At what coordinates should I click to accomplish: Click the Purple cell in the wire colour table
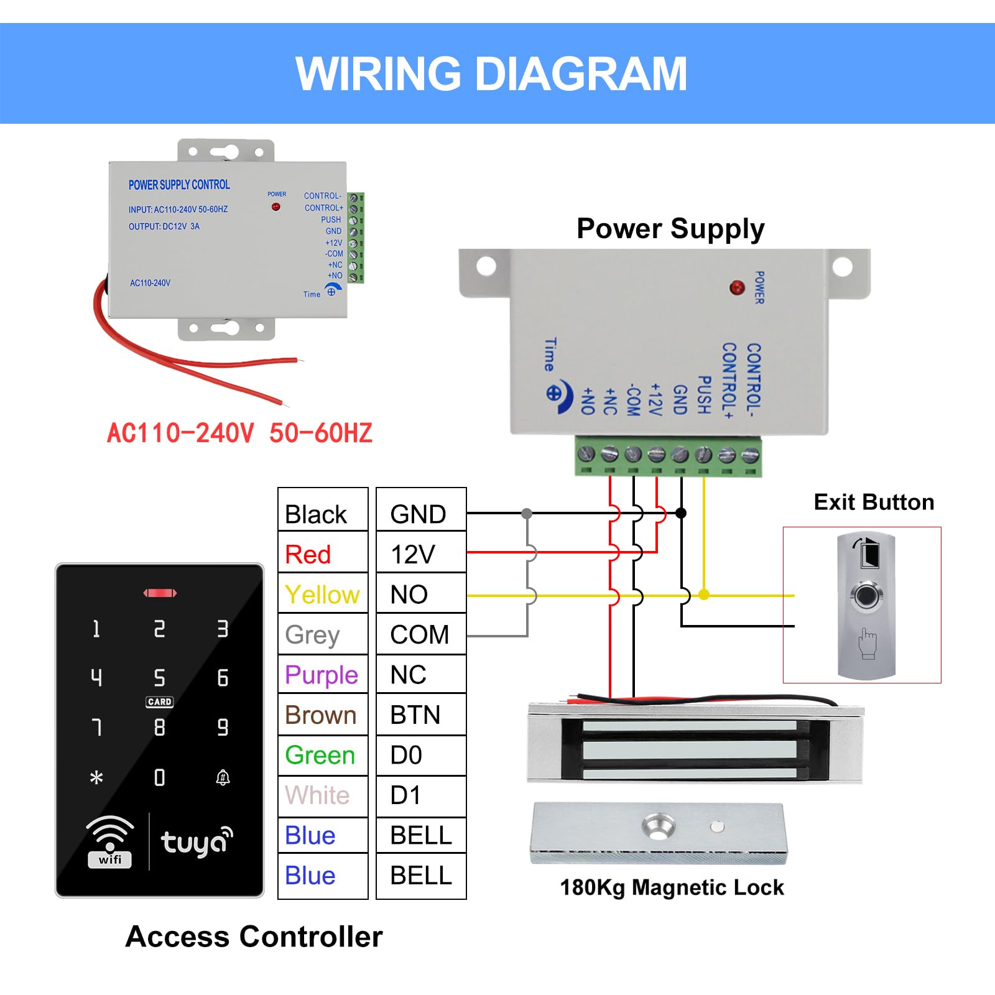point(323,675)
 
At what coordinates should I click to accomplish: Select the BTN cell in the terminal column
point(421,715)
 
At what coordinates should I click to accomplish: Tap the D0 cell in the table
point(421,755)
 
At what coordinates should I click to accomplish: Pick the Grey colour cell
point(323,634)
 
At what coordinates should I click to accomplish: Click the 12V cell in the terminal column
point(421,553)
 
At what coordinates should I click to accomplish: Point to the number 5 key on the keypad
point(160,677)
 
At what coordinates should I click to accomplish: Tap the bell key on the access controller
point(223,777)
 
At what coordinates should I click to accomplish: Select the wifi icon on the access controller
point(110,841)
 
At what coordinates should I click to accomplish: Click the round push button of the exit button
point(867,596)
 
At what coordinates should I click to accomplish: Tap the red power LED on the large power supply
point(737,287)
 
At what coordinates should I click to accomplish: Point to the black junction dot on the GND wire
point(681,513)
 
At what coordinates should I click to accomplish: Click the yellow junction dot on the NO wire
point(704,595)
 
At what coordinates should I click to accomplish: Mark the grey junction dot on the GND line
point(527,513)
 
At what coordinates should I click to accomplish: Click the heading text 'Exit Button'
point(874,502)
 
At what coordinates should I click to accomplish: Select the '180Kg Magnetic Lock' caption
point(672,887)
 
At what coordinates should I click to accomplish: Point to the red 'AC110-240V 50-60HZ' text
point(239,433)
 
